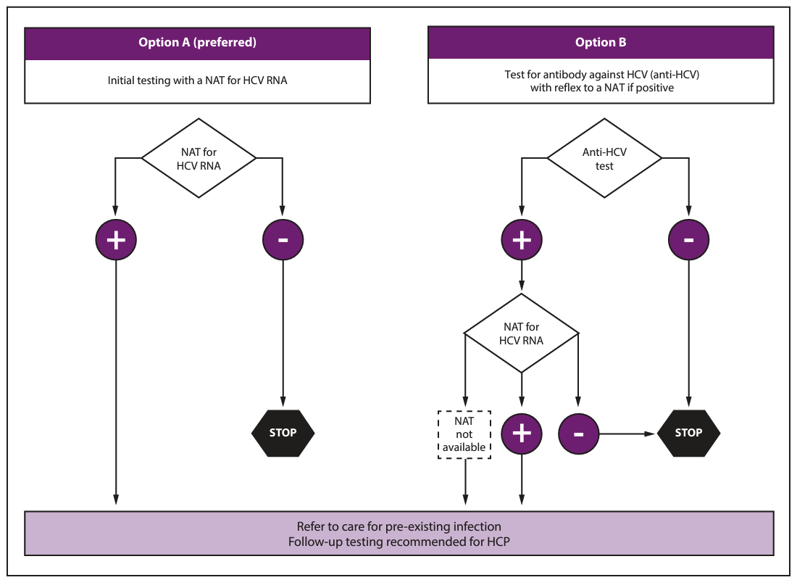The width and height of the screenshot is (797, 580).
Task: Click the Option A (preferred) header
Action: pyautogui.click(x=197, y=43)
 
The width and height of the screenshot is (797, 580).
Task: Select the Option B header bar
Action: pyautogui.click(x=601, y=43)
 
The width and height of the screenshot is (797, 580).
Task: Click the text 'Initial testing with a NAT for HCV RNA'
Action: pyautogui.click(x=197, y=80)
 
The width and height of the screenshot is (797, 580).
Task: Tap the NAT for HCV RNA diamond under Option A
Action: pyautogui.click(x=199, y=158)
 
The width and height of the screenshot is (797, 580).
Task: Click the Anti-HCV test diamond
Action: pyautogui.click(x=604, y=158)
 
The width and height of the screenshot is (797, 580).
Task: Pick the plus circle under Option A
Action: pyautogui.click(x=116, y=240)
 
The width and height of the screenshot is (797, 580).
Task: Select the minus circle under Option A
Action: pyautogui.click(x=283, y=240)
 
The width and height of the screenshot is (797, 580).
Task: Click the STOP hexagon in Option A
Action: pyautogui.click(x=283, y=433)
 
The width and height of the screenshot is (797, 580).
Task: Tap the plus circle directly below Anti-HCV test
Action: pyautogui.click(x=522, y=240)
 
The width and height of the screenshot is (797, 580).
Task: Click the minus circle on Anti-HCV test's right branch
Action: pyautogui.click(x=688, y=240)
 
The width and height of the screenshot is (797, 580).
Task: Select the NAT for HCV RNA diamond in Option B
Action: pyautogui.click(x=522, y=333)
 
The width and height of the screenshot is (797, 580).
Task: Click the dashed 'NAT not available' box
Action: pyautogui.click(x=464, y=435)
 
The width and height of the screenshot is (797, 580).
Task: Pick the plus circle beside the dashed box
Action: pyautogui.click(x=522, y=434)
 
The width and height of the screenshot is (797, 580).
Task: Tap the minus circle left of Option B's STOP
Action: pyautogui.click(x=578, y=434)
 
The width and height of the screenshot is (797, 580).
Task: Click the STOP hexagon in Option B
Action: pyautogui.click(x=688, y=433)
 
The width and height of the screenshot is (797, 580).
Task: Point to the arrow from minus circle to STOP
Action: pyautogui.click(x=627, y=434)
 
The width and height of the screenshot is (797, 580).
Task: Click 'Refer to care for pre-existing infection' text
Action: pyautogui.click(x=398, y=526)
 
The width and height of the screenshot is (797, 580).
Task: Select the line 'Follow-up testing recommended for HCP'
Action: pyautogui.click(x=398, y=542)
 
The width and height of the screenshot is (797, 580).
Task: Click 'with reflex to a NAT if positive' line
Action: pyautogui.click(x=601, y=88)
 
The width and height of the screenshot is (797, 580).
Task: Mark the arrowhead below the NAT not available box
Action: pyautogui.click(x=465, y=500)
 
